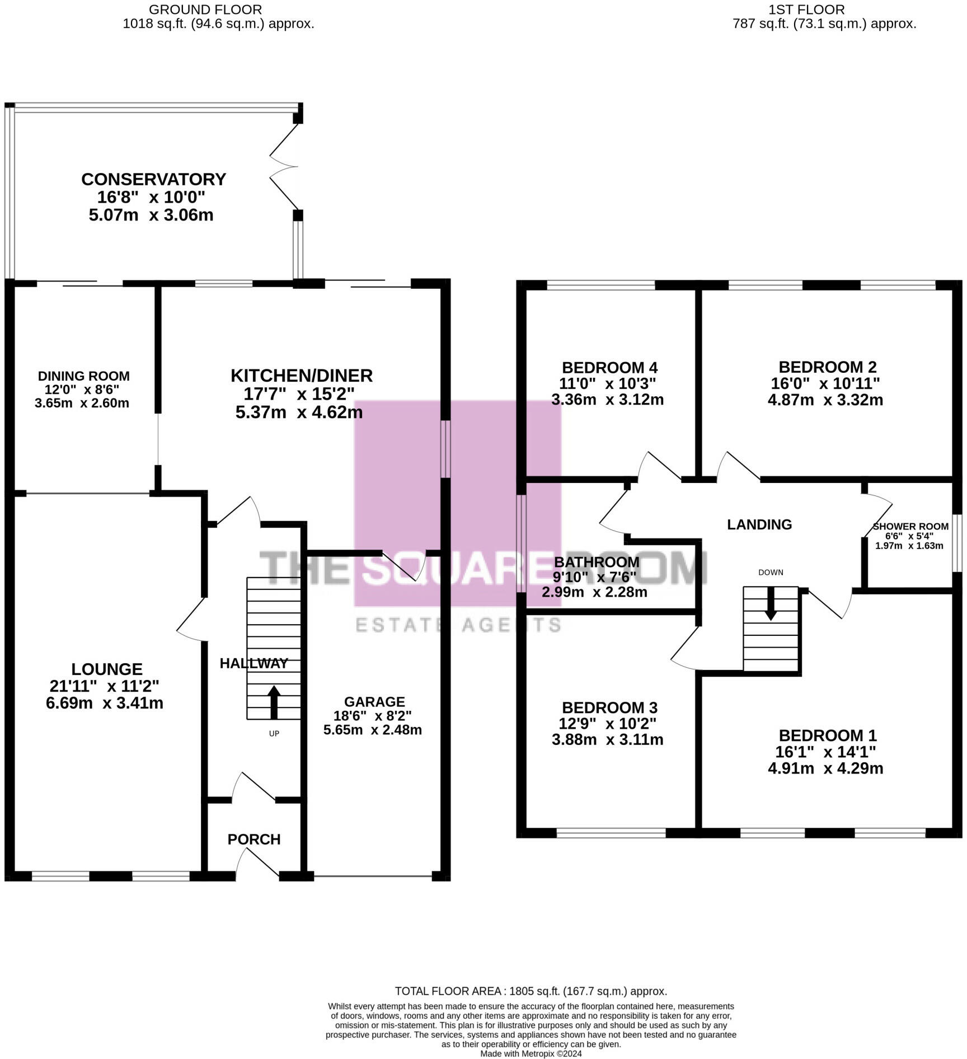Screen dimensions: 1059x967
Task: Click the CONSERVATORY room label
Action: pyautogui.click(x=153, y=179)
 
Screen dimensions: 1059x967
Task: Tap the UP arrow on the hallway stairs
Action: pyautogui.click(x=274, y=702)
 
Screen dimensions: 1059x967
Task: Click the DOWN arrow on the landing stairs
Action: pyautogui.click(x=771, y=605)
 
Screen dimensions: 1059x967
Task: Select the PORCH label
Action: pyautogui.click(x=254, y=839)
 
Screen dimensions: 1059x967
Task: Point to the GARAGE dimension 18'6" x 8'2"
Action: pyautogui.click(x=372, y=715)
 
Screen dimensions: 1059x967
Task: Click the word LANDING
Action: pyautogui.click(x=759, y=524)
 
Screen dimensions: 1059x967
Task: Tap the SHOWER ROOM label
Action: pyautogui.click(x=910, y=526)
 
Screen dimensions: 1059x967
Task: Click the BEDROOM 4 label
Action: pyautogui.click(x=609, y=368)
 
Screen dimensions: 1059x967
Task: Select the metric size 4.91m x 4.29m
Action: pyautogui.click(x=825, y=768)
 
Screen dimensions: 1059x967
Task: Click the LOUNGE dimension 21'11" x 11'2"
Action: pyautogui.click(x=105, y=686)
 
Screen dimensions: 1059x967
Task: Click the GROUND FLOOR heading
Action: pyautogui.click(x=205, y=10)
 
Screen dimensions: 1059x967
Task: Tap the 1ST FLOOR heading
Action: pyautogui.click(x=806, y=10)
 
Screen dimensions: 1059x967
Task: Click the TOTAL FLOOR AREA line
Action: pyautogui.click(x=531, y=991)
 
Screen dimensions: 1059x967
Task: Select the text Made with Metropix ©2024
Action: pyautogui.click(x=531, y=1053)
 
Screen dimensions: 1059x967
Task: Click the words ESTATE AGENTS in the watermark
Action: pyautogui.click(x=458, y=625)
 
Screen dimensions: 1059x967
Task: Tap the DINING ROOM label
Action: pyautogui.click(x=84, y=376)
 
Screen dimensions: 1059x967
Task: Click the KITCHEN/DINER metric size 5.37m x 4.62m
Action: pyautogui.click(x=299, y=413)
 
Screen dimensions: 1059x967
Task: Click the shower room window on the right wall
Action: pyautogui.click(x=957, y=543)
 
